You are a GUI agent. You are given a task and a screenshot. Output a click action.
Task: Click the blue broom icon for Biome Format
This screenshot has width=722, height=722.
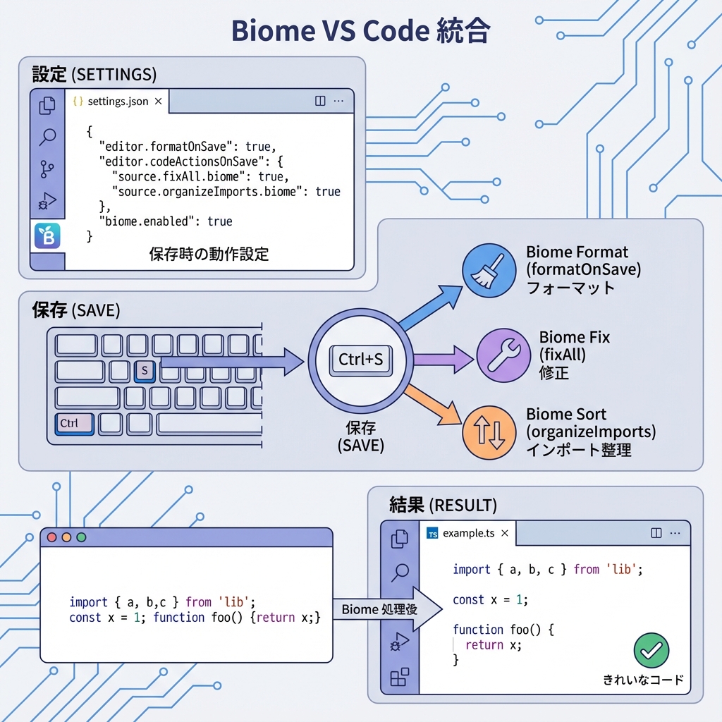tap(484, 271)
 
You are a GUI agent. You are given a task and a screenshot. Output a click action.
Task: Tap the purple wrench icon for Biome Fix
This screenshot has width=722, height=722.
tap(503, 355)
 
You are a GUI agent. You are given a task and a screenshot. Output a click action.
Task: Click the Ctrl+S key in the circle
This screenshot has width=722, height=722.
tap(361, 360)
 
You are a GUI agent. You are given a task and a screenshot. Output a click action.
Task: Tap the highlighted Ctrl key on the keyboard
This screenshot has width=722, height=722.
tap(74, 423)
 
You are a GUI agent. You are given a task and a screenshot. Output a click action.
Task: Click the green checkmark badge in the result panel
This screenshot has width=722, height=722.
tap(651, 650)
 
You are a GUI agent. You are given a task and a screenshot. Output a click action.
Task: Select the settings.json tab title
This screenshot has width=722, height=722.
tap(118, 102)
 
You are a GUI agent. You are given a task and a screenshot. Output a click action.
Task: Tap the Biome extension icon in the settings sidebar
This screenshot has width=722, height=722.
tap(47, 237)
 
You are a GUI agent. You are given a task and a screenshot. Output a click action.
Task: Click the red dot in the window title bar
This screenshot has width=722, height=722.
tap(51, 537)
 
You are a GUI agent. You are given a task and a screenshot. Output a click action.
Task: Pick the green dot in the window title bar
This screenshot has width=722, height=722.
tap(81, 537)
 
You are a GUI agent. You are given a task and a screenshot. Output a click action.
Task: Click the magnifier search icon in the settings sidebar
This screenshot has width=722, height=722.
tap(47, 137)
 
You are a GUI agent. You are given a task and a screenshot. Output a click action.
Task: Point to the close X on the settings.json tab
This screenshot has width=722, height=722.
tap(158, 102)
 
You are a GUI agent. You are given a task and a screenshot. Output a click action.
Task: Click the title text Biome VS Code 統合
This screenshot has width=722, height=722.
tap(361, 32)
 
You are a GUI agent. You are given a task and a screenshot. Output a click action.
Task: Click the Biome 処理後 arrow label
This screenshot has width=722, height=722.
tap(379, 609)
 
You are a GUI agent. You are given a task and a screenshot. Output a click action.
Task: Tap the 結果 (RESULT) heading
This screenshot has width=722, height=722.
tap(443, 505)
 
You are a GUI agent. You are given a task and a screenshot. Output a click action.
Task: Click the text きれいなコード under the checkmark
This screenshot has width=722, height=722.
tap(643, 680)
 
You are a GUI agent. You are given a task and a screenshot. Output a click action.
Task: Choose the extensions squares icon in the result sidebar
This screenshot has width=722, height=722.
tap(399, 678)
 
